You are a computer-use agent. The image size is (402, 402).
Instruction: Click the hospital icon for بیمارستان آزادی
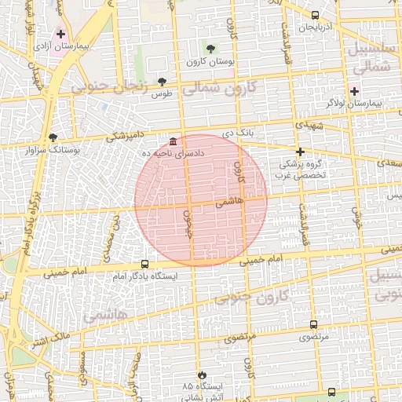point(60,35)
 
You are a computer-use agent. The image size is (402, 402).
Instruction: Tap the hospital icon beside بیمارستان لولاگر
point(355,91)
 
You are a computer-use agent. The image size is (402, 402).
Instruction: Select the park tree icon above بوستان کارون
point(208,48)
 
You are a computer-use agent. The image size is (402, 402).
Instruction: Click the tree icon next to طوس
point(162,81)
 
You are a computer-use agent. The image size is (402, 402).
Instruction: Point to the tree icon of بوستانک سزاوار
point(53,137)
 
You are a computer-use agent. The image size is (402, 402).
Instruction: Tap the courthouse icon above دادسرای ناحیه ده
point(173,141)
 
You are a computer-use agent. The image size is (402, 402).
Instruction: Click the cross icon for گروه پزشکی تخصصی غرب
point(299,152)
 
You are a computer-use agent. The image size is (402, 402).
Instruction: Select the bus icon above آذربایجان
point(315,16)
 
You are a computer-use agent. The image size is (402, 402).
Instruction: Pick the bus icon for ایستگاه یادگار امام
point(144,265)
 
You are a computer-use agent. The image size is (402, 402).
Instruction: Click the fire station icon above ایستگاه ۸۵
point(204,375)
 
